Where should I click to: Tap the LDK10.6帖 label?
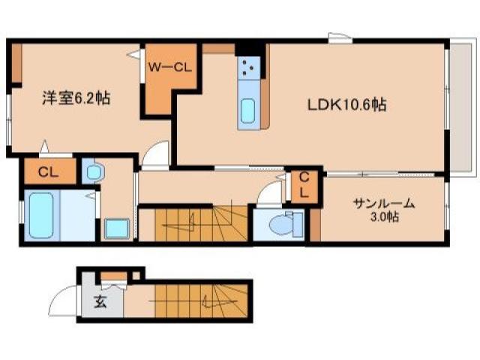click(x=346, y=106)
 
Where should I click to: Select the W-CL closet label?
click(x=170, y=67)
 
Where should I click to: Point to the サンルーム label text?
click(x=384, y=202)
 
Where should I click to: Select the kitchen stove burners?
click(x=249, y=70)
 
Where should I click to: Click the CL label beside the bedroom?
click(x=48, y=172)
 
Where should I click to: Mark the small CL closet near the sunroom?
click(x=304, y=185)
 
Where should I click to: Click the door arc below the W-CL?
click(x=157, y=154)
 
